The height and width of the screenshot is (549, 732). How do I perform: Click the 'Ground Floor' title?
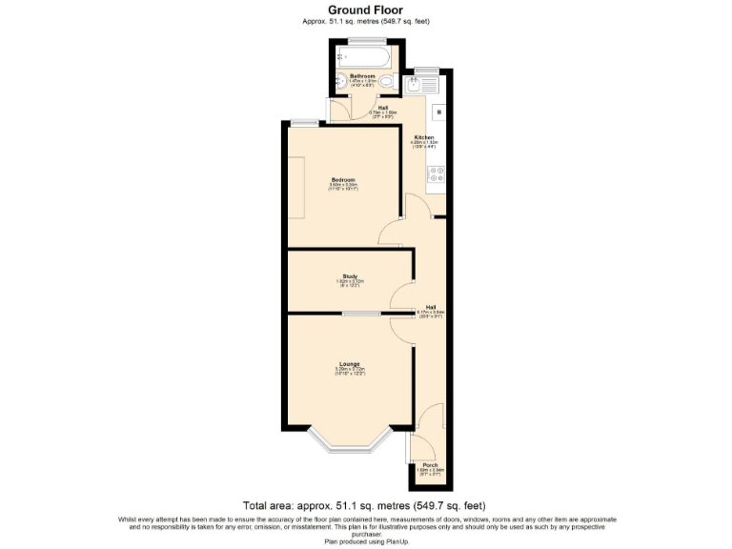(365, 10)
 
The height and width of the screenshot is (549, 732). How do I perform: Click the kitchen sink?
(416, 86)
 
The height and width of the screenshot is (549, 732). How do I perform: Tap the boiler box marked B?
(439, 112)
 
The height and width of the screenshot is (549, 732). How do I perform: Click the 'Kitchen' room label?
(423, 137)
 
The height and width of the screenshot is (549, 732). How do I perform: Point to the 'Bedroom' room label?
(343, 179)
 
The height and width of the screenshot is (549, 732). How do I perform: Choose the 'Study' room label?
(350, 277)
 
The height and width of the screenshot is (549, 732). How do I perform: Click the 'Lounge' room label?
(350, 364)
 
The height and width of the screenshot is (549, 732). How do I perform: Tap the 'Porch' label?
(430, 465)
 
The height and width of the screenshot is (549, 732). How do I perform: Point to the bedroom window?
(305, 121)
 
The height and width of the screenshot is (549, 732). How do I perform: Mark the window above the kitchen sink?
(425, 71)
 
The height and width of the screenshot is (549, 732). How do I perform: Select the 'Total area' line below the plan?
(365, 506)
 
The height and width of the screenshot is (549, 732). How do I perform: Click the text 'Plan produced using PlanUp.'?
(365, 540)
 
